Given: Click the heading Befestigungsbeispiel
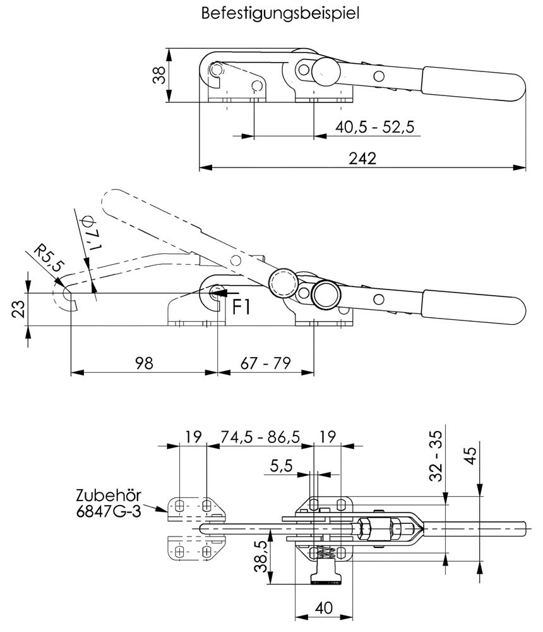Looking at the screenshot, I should coord(280,13).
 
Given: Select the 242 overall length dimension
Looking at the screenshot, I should coord(362,159).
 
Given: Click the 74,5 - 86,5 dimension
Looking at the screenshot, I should coord(260,436).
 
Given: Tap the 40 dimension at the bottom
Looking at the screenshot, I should coord(323,609).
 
